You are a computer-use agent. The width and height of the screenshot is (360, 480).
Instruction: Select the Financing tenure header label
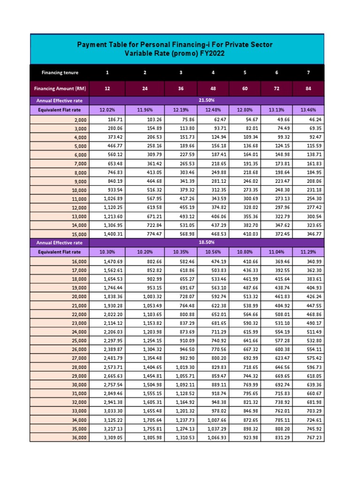coord(60,73)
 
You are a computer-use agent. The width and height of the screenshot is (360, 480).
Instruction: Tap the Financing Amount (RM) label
coord(60,88)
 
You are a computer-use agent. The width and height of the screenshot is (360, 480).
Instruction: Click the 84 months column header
coord(308,88)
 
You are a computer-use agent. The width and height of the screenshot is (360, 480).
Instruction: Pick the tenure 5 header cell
coord(245,73)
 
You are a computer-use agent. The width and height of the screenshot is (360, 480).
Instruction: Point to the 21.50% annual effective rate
coord(207,100)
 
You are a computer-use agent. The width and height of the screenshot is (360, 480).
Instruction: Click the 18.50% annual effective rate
coord(207,243)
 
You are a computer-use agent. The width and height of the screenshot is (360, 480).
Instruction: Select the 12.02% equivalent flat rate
coord(107,110)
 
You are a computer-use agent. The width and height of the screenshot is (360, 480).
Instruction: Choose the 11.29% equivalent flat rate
coord(308,252)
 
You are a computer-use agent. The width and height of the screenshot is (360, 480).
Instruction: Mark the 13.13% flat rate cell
coord(276,110)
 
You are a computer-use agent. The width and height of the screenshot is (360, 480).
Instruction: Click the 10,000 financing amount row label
coord(77,190)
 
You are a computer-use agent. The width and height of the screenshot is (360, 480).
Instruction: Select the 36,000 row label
coord(77,438)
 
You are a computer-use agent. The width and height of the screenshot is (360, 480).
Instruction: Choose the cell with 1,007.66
coord(217,420)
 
